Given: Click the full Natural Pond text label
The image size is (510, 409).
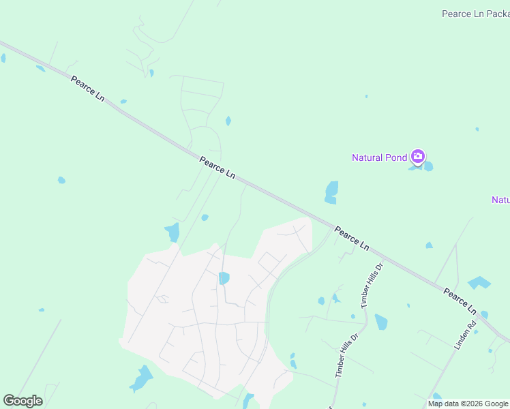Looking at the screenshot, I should [379, 157].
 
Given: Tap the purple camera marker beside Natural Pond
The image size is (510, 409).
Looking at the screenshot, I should [418, 157].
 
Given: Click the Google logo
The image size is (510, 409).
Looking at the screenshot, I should [22, 401].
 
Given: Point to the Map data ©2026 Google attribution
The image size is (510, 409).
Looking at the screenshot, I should [468, 404].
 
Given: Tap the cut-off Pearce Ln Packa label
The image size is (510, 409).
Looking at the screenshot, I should [475, 14].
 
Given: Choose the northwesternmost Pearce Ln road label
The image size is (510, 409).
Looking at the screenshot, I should [87, 89].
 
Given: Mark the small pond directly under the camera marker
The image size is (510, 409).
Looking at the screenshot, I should [428, 166].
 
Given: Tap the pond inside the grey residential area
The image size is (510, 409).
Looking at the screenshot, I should [224, 277].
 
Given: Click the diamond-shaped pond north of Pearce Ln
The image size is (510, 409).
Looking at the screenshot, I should [228, 121].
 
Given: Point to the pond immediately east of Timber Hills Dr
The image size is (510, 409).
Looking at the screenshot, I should [380, 322].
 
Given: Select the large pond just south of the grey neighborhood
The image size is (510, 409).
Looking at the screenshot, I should [142, 379].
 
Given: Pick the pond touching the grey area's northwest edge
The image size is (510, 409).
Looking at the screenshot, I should [172, 232].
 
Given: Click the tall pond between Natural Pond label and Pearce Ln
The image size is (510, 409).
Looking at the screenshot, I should [331, 192].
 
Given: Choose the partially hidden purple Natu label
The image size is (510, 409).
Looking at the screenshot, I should [500, 200].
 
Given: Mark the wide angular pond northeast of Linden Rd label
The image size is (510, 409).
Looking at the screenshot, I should [479, 282].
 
